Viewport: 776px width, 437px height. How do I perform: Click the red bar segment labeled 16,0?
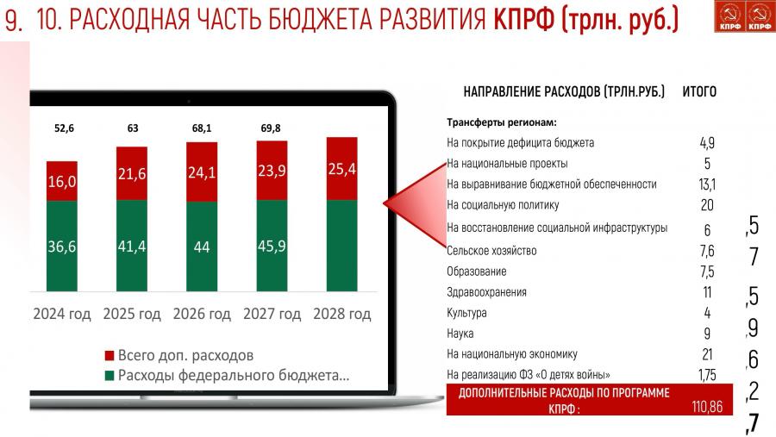pyautogui.click(x=62, y=181)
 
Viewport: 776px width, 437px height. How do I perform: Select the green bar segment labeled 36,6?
pyautogui.click(x=62, y=246)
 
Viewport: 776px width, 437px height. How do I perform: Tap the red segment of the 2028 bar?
pyautogui.click(x=342, y=169)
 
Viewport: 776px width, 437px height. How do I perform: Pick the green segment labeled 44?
pyautogui.click(x=202, y=246)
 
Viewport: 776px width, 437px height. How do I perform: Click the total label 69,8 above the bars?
pyautogui.click(x=271, y=128)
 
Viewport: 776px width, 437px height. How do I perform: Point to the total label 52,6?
pyautogui.click(x=64, y=128)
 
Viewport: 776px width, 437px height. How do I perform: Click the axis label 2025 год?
pyautogui.click(x=132, y=314)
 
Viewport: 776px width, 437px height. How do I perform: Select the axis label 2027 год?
pyautogui.click(x=272, y=314)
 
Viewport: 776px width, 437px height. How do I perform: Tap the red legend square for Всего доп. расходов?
pyautogui.click(x=110, y=355)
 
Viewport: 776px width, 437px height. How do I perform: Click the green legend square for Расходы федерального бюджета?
pyautogui.click(x=110, y=376)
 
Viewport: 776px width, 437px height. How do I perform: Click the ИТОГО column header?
pyautogui.click(x=699, y=91)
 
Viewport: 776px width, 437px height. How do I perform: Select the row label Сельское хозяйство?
pyautogui.click(x=491, y=251)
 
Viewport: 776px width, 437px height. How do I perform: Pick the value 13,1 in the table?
pyautogui.click(x=707, y=184)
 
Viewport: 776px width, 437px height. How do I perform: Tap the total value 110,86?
pyautogui.click(x=707, y=407)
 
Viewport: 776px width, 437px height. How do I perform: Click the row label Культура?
pyautogui.click(x=466, y=313)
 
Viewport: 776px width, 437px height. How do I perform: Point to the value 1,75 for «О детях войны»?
pyautogui.click(x=707, y=375)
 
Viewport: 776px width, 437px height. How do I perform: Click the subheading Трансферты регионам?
pyautogui.click(x=502, y=122)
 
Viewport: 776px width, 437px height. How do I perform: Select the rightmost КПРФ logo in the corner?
pyautogui.click(x=760, y=16)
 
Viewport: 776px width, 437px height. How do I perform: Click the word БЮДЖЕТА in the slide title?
pyautogui.click(x=322, y=19)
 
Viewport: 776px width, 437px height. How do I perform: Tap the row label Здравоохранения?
pyautogui.click(x=486, y=292)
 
